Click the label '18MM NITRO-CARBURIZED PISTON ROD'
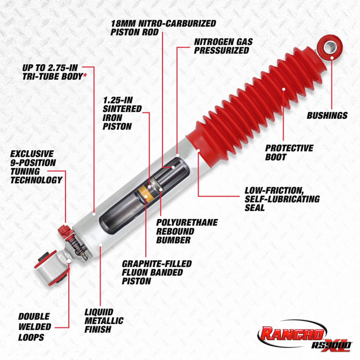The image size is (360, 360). (x=163, y=27)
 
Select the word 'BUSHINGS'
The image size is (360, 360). (x=327, y=116)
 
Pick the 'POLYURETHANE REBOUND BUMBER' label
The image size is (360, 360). (x=186, y=231)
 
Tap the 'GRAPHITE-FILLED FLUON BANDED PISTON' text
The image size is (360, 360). (x=157, y=272)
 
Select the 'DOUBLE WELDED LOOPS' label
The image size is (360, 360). (x=33, y=327)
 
